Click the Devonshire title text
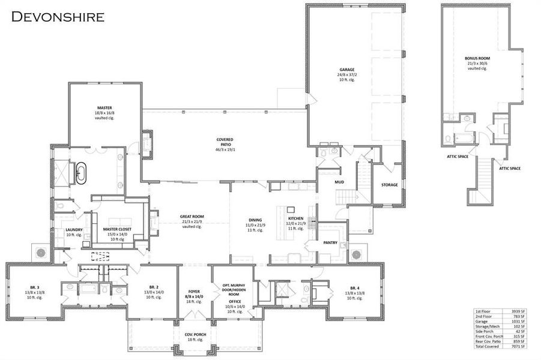click(x=58, y=16)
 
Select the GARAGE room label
click(x=346, y=70)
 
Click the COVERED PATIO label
click(x=225, y=139)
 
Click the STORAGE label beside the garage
click(x=389, y=185)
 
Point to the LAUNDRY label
click(x=74, y=229)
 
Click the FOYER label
click(x=193, y=292)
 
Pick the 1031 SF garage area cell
click(x=519, y=321)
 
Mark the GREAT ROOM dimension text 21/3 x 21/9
click(x=193, y=221)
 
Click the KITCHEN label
click(x=295, y=218)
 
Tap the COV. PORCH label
click(x=193, y=334)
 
